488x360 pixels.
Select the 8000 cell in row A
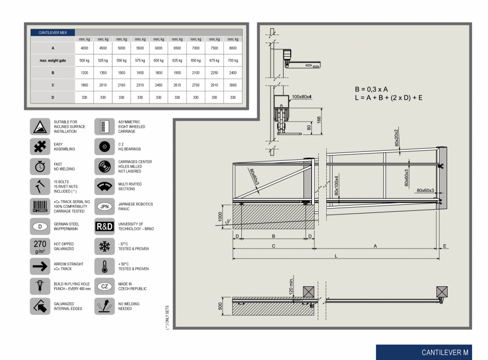232,48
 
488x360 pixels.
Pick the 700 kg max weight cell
232,61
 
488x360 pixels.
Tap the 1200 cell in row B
84,73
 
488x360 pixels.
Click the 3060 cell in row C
232,85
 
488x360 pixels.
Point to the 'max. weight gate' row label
53,61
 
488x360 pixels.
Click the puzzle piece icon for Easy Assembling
39,147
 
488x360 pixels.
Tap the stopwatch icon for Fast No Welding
39,166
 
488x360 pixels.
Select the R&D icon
104,226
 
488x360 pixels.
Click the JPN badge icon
104,207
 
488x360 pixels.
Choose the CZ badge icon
104,287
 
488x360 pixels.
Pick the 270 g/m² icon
39,246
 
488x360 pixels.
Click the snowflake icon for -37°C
104,246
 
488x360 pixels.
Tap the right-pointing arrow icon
39,267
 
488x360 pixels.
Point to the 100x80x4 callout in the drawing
301,97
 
